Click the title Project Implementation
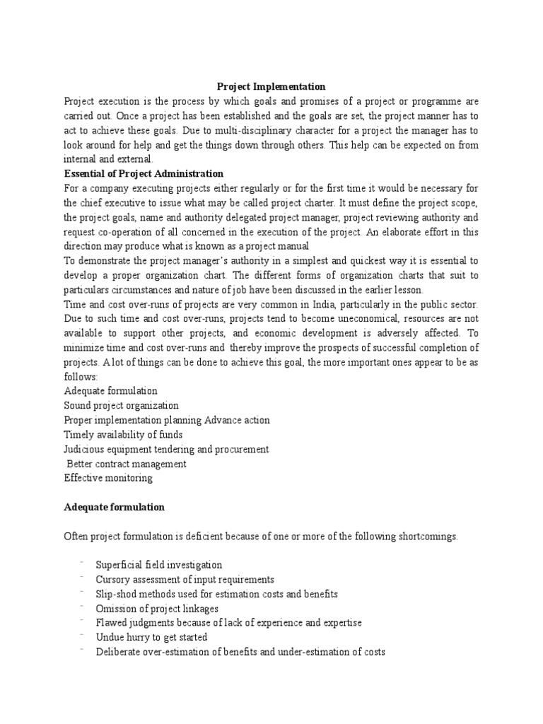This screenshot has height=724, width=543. [271, 87]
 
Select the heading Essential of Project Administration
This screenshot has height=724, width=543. [144, 173]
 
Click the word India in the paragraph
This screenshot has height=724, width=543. [331, 304]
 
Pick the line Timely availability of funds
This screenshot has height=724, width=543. [123, 434]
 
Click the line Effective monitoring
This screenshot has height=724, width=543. [107, 477]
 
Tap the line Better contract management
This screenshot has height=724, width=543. [127, 464]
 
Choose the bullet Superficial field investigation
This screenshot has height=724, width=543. [159, 565]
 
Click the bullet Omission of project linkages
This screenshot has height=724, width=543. [157, 608]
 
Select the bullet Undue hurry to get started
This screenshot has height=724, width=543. [152, 637]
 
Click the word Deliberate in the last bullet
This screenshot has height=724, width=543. [119, 652]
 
